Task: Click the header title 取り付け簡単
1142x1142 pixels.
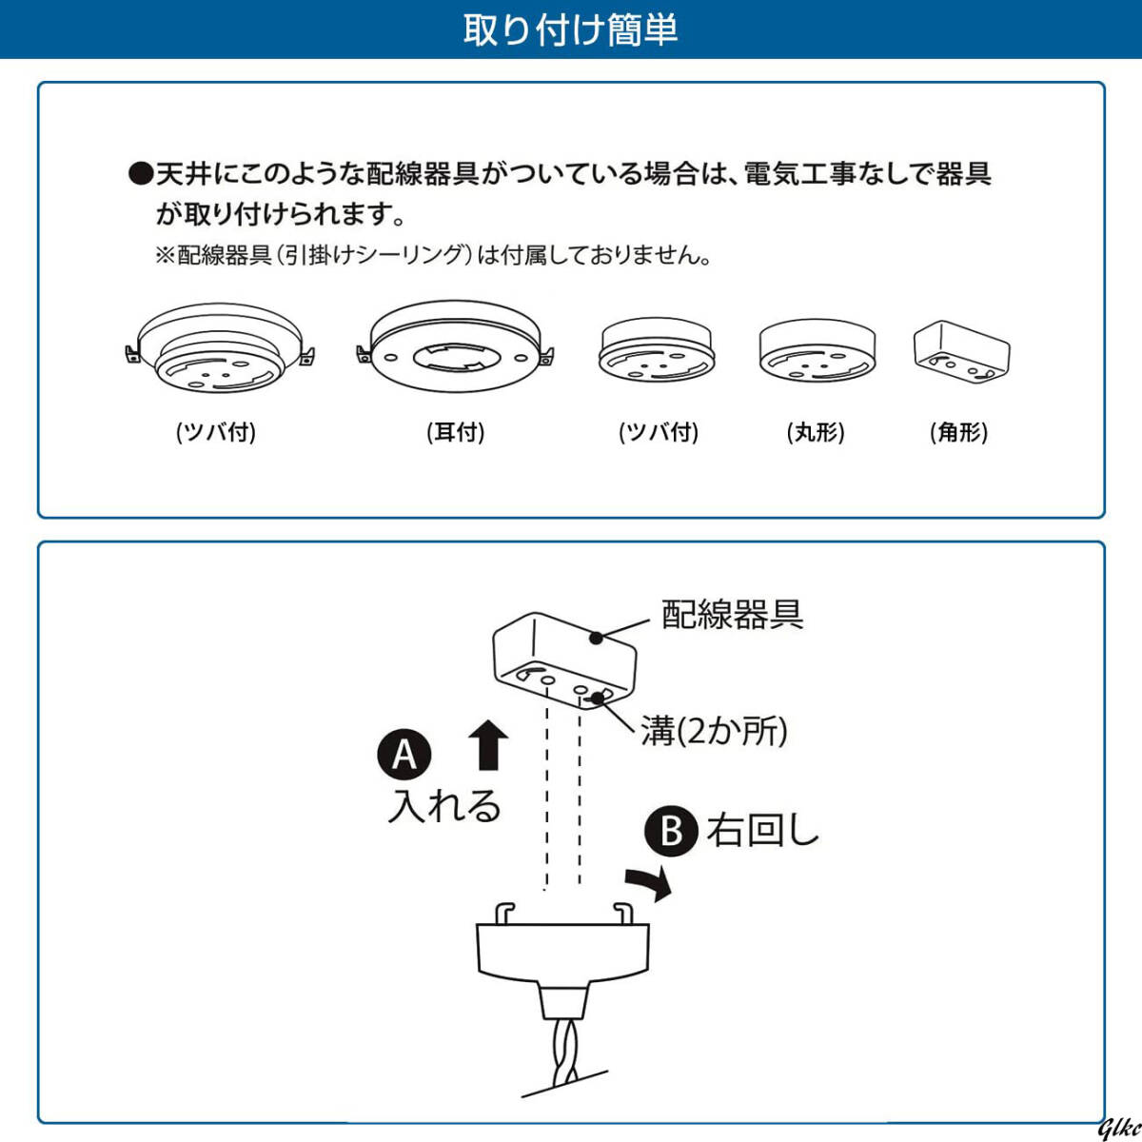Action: pyautogui.click(x=570, y=30)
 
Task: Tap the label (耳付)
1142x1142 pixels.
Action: pyautogui.click(x=456, y=432)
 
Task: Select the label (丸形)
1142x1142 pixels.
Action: pyautogui.click(x=816, y=432)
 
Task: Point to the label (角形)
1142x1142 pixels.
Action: pyautogui.click(x=958, y=432)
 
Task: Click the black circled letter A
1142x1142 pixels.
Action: pyautogui.click(x=404, y=755)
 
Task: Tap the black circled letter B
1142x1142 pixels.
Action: pyautogui.click(x=672, y=831)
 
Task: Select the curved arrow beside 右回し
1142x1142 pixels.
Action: pyautogui.click(x=650, y=883)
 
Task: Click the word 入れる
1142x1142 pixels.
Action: pyautogui.click(x=444, y=806)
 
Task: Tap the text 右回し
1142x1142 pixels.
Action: pyautogui.click(x=762, y=831)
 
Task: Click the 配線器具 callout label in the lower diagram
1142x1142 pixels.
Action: pyautogui.click(x=732, y=615)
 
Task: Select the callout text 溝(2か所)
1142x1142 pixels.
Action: pyautogui.click(x=714, y=731)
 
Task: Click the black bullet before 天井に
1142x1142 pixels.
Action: pyautogui.click(x=141, y=174)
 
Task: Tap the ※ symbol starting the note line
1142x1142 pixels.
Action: pyautogui.click(x=166, y=256)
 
